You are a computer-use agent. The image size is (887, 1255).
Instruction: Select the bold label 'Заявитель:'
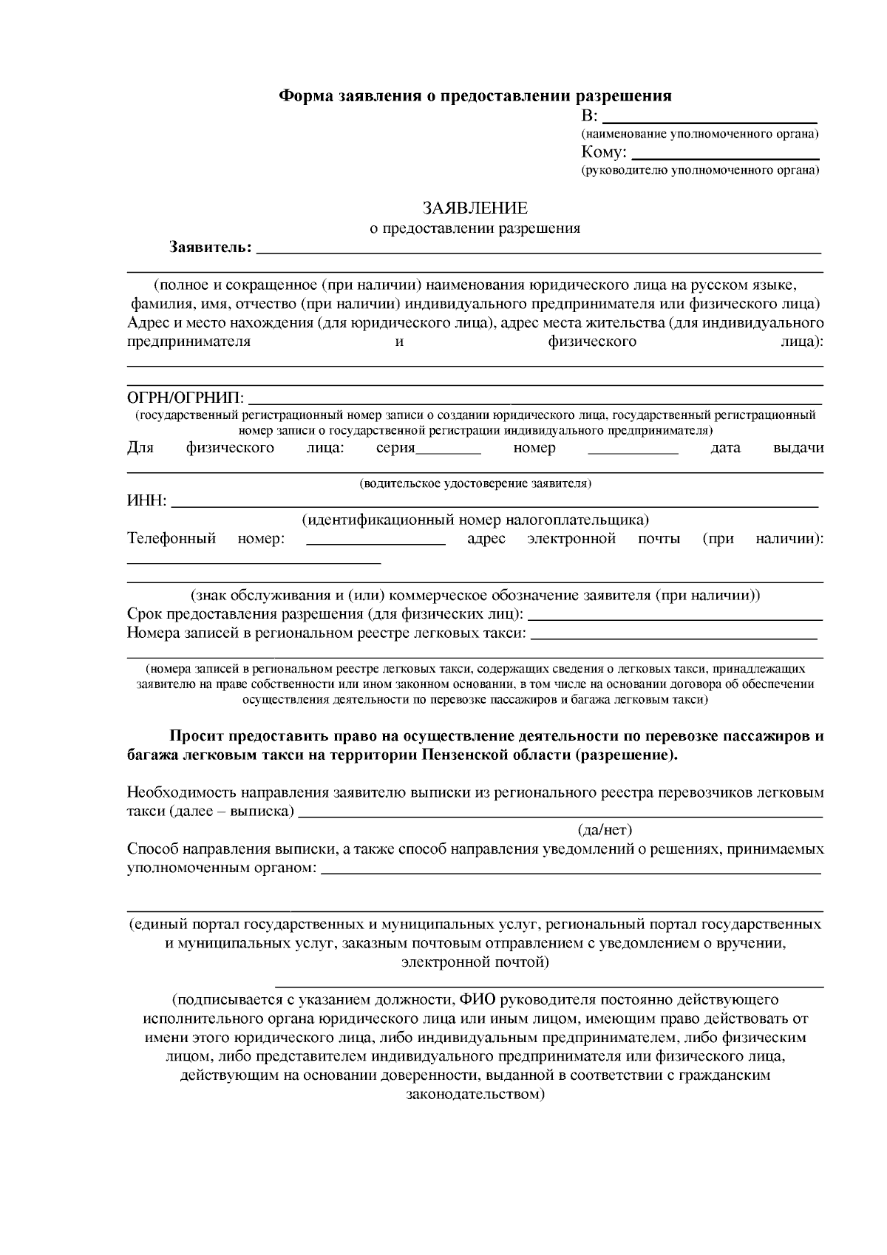tap(210, 246)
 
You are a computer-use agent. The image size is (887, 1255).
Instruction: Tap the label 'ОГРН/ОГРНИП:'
tap(186, 399)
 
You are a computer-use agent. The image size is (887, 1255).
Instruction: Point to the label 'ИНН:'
tap(147, 502)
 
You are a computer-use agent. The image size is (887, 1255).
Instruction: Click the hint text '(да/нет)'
tap(605, 830)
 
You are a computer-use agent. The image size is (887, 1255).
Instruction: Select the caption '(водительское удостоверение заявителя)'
tap(475, 484)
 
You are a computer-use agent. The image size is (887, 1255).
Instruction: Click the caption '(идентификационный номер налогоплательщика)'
tap(475, 520)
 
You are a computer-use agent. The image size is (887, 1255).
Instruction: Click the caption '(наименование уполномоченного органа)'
tap(699, 135)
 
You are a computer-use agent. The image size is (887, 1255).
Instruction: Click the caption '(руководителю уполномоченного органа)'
tap(699, 171)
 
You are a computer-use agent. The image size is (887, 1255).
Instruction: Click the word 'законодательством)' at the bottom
tap(475, 1094)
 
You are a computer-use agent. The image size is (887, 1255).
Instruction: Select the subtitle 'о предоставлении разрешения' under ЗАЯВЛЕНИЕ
tap(475, 228)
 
